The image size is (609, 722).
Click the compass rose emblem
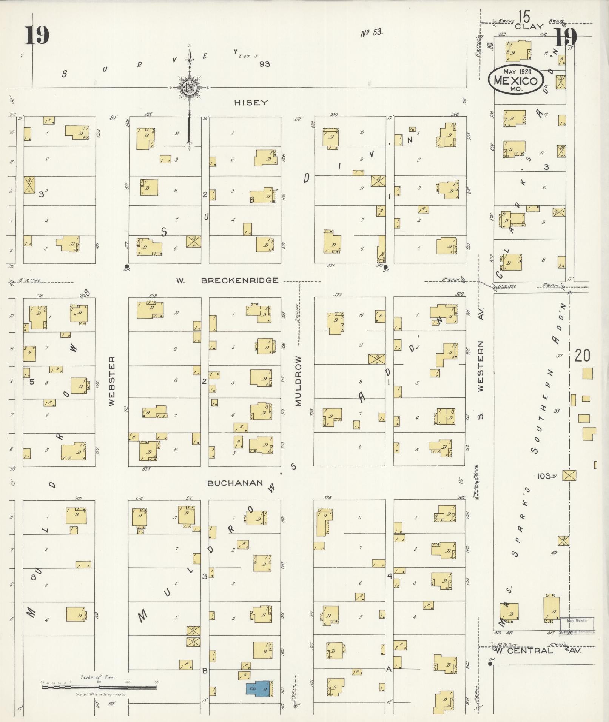pos(190,88)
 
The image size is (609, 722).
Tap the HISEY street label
pos(251,103)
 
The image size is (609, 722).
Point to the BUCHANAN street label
pos(235,483)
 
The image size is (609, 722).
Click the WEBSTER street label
pos(111,381)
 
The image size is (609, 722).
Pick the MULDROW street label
pos(298,381)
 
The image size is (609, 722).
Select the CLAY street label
pos(529,27)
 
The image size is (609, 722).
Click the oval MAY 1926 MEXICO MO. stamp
pos(515,80)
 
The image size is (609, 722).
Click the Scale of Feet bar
pos(99,688)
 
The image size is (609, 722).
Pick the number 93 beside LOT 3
pos(265,64)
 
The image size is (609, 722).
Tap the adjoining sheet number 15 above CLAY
pos(524,17)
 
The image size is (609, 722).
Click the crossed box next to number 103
pos(569,476)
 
